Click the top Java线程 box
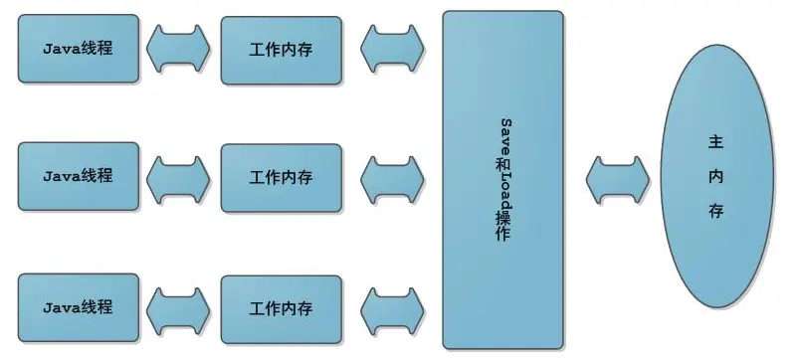tap(78, 48)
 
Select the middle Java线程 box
tap(78, 177)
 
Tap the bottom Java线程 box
tap(78, 305)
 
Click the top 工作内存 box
tap(281, 48)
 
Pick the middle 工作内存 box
tap(281, 177)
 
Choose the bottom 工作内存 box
tap(281, 305)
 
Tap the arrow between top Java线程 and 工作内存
tap(179, 48)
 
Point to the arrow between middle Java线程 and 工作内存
tap(179, 177)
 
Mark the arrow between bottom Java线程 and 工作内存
tap(179, 305)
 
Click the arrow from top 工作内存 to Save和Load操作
tap(393, 48)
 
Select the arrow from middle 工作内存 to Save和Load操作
tap(393, 177)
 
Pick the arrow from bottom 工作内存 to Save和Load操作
tap(393, 305)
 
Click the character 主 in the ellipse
tap(715, 142)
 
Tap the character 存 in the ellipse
tap(715, 212)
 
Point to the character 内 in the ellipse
tap(715, 177)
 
